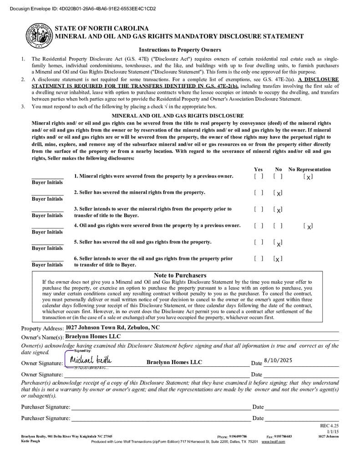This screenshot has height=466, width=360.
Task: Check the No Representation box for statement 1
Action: (x=308, y=177)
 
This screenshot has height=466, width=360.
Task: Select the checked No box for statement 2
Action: (x=278, y=193)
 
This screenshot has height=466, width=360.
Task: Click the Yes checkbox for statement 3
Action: (x=259, y=209)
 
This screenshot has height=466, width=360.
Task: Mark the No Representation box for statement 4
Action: (x=308, y=226)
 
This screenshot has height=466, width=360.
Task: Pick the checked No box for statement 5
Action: (x=278, y=243)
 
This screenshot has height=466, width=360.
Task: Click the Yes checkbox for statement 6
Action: (x=259, y=259)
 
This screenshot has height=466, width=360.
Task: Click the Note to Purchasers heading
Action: (x=180, y=275)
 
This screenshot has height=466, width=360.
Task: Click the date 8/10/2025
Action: (x=278, y=360)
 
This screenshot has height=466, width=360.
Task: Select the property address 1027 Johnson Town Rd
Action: (x=112, y=327)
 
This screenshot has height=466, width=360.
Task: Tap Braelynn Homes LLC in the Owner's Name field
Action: (x=93, y=336)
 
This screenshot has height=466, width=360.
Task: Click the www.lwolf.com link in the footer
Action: (x=273, y=441)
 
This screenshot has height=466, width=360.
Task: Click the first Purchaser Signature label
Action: (x=46, y=407)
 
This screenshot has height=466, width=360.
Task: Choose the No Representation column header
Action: (x=309, y=169)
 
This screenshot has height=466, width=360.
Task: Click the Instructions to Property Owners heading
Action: (x=180, y=50)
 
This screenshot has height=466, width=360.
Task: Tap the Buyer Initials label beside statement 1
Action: (x=47, y=182)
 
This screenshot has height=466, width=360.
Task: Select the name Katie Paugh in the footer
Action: (x=30, y=441)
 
